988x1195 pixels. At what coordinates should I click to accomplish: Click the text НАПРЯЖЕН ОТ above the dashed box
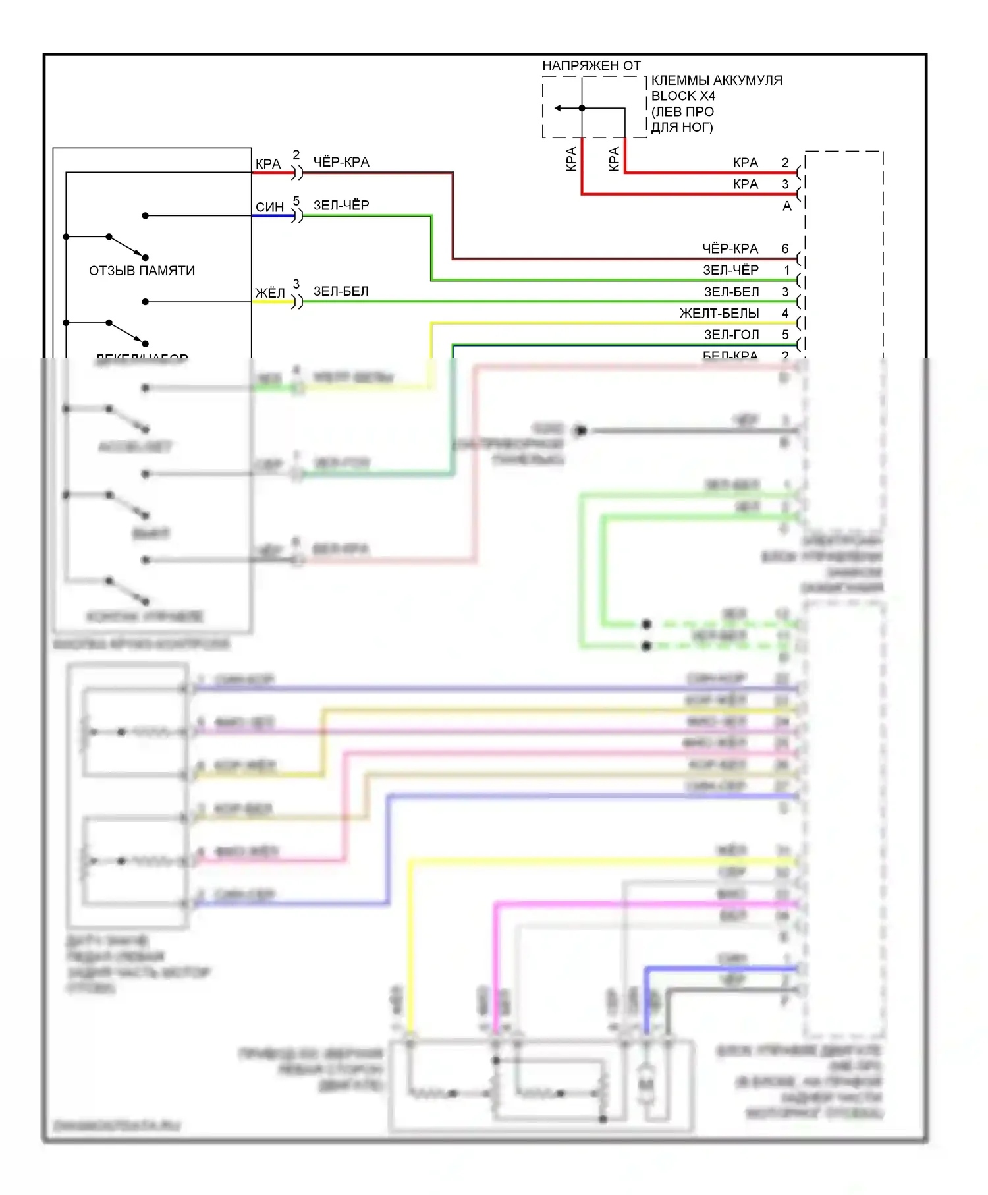591,65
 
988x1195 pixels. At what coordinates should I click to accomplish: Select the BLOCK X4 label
683,96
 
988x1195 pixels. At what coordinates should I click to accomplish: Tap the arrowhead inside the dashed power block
558,108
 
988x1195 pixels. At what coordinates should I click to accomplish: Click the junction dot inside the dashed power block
582,108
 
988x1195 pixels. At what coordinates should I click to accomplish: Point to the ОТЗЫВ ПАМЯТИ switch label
142,271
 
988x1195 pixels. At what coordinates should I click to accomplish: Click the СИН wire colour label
269,207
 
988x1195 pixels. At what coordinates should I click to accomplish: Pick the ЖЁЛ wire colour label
269,292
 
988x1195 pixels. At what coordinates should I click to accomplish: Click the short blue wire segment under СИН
273,215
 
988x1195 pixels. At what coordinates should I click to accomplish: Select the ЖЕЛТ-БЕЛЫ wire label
719,313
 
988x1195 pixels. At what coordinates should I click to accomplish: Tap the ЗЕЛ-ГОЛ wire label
731,335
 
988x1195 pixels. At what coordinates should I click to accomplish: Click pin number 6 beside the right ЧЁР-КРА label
785,248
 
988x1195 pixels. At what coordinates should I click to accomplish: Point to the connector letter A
786,206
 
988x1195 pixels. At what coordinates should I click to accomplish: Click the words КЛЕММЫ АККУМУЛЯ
717,80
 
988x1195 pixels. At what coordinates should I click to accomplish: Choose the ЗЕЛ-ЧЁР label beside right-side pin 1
730,270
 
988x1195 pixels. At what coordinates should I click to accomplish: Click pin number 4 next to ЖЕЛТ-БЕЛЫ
785,313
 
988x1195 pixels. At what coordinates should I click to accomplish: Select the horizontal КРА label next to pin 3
746,184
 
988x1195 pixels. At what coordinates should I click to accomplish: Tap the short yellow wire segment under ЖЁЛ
273,302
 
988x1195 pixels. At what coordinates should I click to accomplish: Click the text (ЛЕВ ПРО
682,111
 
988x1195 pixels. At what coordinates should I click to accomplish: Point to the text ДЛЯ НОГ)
682,127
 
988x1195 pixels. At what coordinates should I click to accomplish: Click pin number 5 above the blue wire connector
296,200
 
